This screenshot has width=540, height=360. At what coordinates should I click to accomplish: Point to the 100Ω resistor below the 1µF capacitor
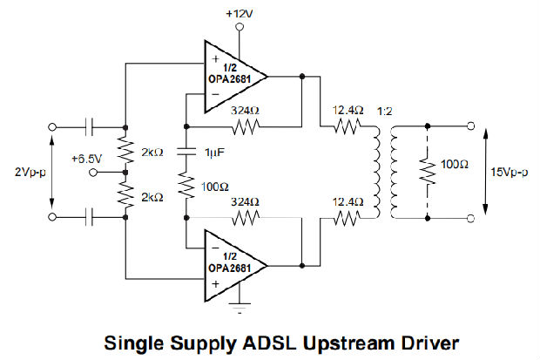coord(186,186)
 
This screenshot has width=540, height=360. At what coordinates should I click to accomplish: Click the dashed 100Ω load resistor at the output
coord(426,170)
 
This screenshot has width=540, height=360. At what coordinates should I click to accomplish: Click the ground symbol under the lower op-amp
coord(239,307)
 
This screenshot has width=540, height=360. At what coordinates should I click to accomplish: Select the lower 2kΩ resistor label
coord(153,197)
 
